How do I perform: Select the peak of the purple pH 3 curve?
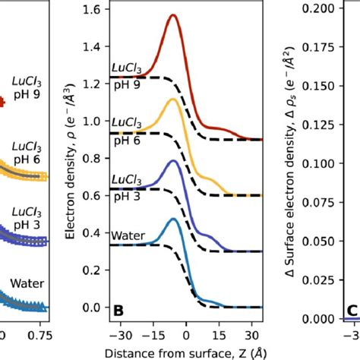click(175, 161)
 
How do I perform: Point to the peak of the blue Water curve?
click(175, 219)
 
